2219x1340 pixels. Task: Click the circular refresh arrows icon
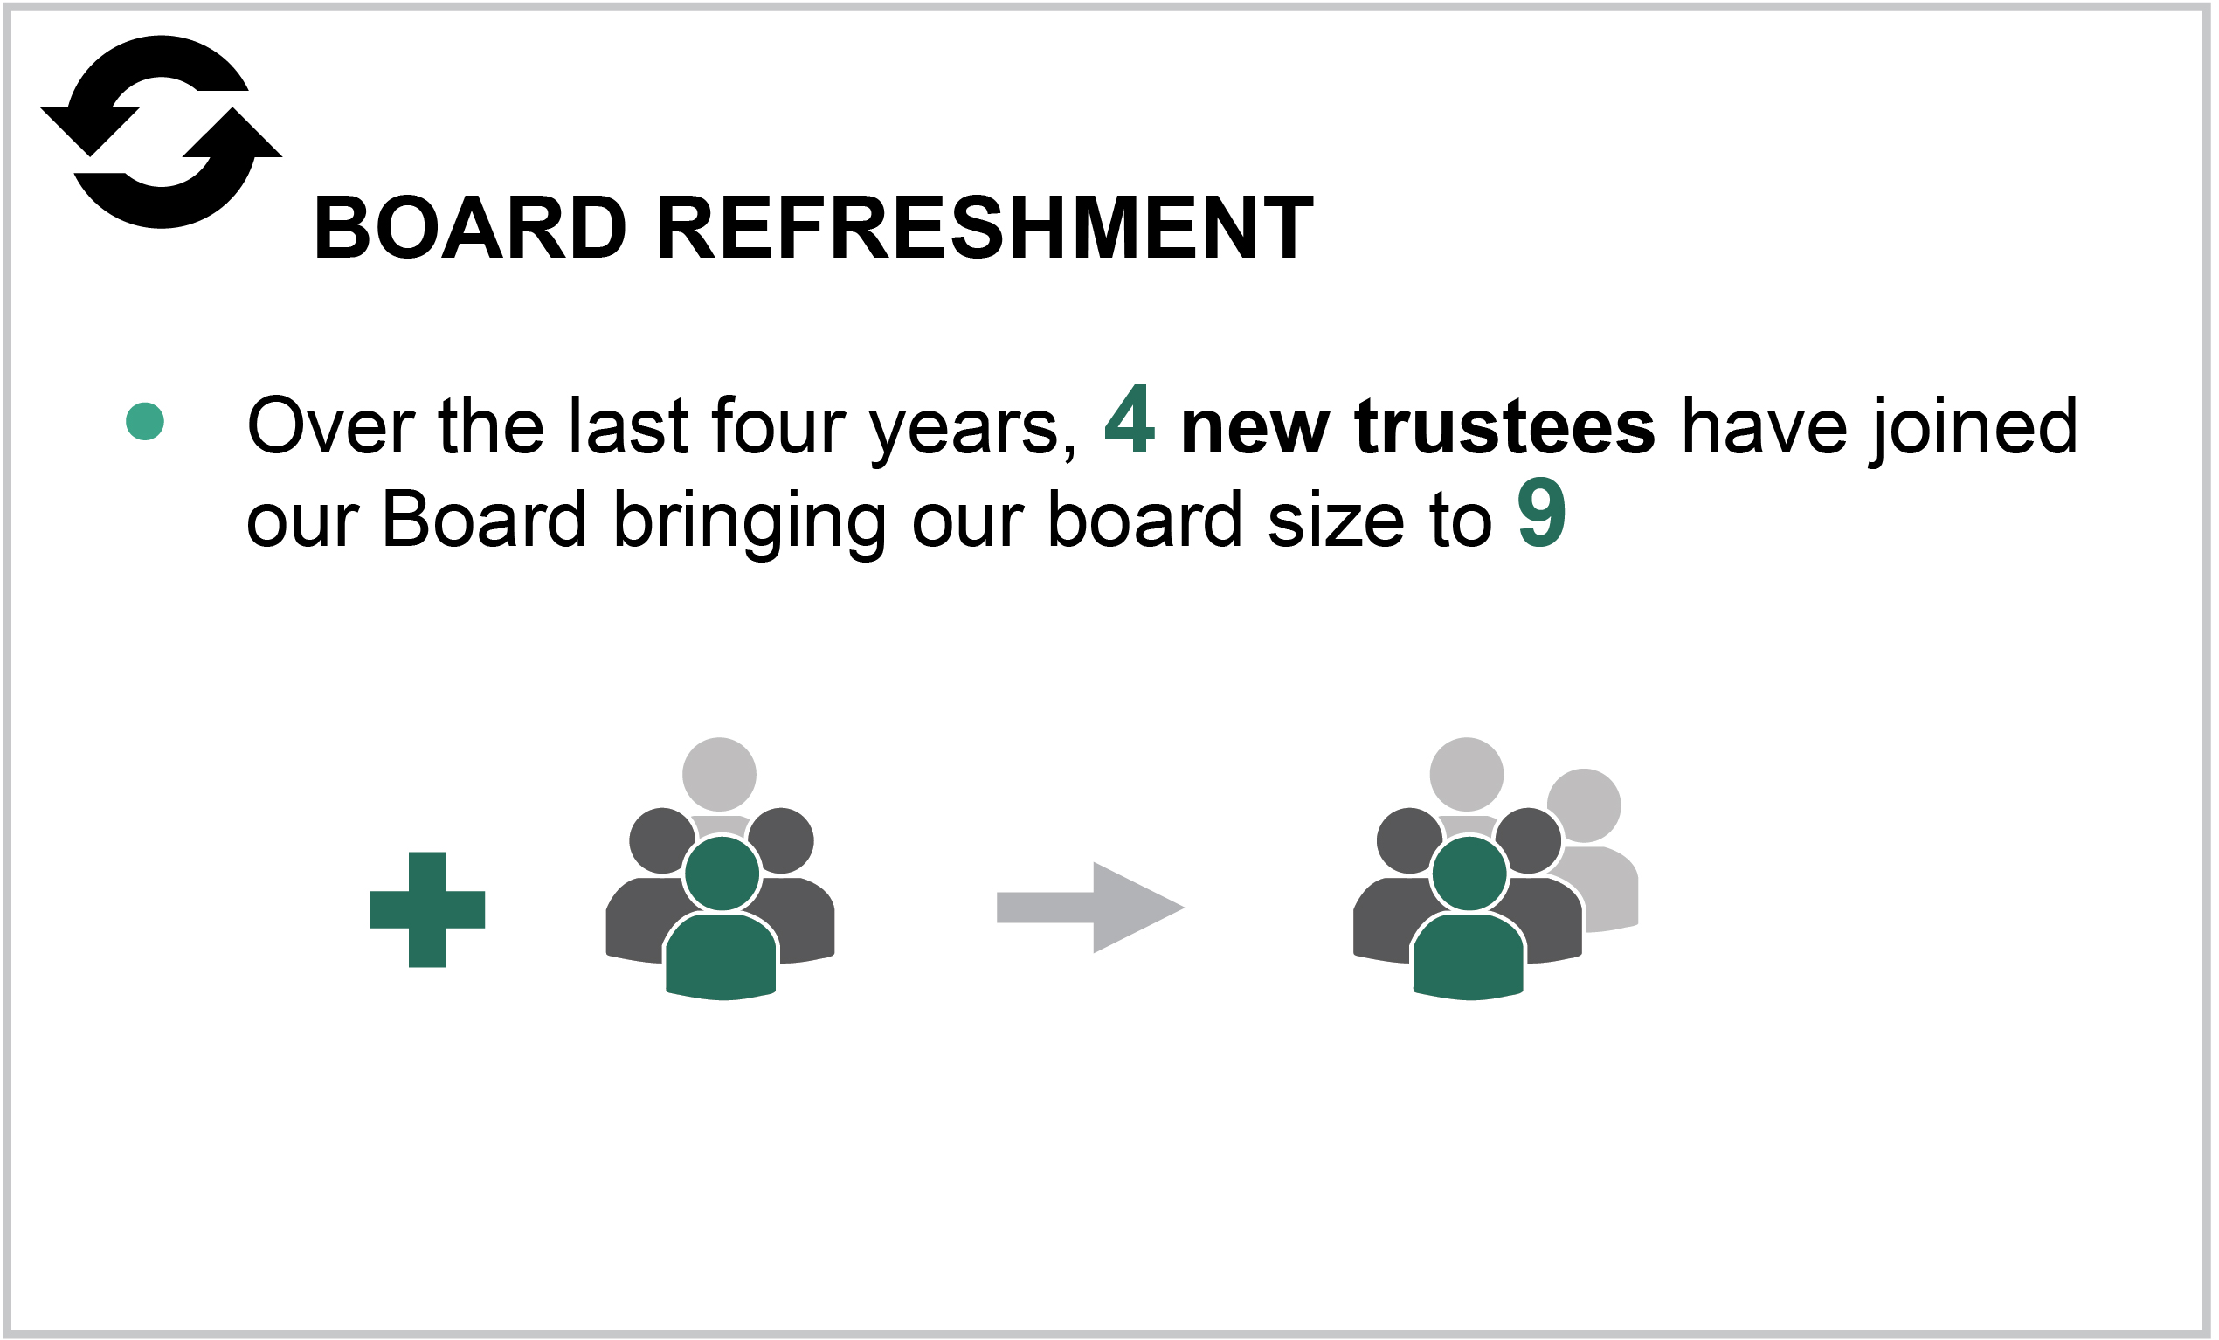[162, 132]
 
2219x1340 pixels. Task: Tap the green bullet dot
[145, 421]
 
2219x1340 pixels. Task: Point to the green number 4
[1130, 419]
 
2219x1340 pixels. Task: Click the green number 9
[1541, 514]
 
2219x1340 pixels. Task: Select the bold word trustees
[1504, 426]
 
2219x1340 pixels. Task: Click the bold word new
[1255, 428]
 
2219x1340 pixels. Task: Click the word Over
[329, 426]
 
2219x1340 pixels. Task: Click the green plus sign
[427, 909]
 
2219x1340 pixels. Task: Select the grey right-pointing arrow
[1089, 907]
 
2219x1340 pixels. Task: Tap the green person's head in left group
[722, 873]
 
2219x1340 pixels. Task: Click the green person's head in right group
[1469, 873]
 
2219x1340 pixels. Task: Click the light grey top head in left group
[719, 774]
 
